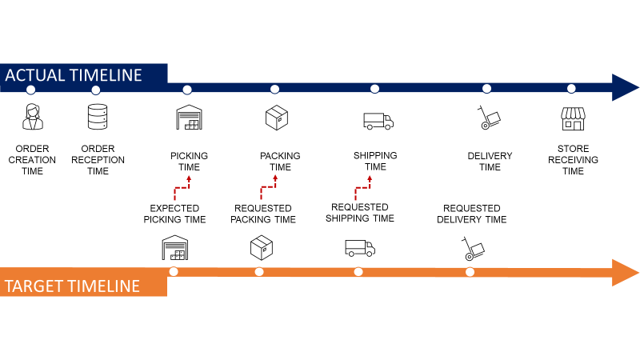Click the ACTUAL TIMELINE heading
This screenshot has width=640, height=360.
pyautogui.click(x=74, y=75)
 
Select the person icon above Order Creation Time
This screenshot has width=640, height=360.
pyautogui.click(x=31, y=117)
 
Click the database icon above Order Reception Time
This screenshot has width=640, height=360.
pyautogui.click(x=98, y=117)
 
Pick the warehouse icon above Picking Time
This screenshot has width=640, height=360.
pyautogui.click(x=190, y=117)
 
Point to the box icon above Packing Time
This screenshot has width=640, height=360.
pyautogui.click(x=276, y=118)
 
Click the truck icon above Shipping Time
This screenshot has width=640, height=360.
pyautogui.click(x=378, y=121)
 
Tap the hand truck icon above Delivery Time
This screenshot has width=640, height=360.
pyautogui.click(x=488, y=118)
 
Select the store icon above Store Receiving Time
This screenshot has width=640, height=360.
pyautogui.click(x=573, y=118)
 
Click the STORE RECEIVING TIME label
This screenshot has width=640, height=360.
pyautogui.click(x=573, y=160)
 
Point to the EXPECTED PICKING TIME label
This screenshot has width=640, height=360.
pyautogui.click(x=174, y=214)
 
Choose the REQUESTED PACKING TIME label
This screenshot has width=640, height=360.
pyautogui.click(x=263, y=214)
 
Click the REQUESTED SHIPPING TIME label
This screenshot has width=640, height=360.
pyautogui.click(x=359, y=213)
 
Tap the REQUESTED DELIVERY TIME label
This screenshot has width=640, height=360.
pyautogui.click(x=472, y=214)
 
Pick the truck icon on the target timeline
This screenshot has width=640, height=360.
pyautogui.click(x=359, y=248)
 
